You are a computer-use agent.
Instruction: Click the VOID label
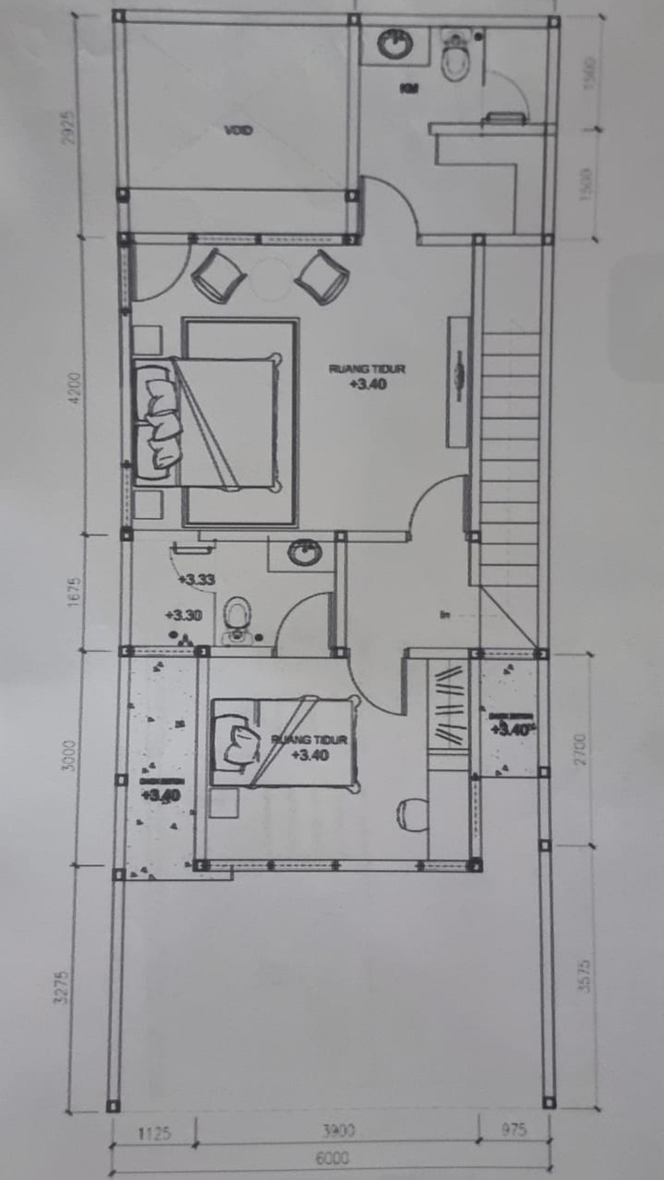click(x=238, y=130)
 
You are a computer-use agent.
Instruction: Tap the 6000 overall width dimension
click(x=332, y=1157)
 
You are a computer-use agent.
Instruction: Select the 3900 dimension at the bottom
click(x=338, y=1130)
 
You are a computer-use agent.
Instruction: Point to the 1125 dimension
click(x=154, y=1133)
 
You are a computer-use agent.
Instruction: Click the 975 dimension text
click(x=513, y=1130)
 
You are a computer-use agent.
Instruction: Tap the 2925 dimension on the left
click(x=66, y=127)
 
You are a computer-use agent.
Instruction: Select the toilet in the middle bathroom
click(x=236, y=617)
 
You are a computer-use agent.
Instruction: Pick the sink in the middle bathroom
click(x=303, y=552)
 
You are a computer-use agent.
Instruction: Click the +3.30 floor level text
click(x=183, y=615)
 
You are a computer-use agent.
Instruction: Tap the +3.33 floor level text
click(x=196, y=580)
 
